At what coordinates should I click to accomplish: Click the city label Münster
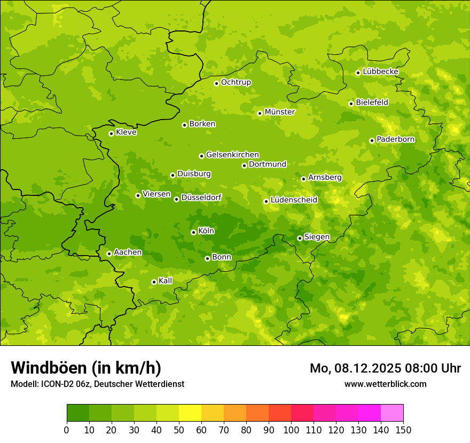click(279, 112)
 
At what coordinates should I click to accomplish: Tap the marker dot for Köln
click(193, 232)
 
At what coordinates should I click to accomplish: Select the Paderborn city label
click(395, 139)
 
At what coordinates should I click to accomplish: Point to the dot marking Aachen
click(109, 254)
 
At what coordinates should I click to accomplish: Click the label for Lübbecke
click(380, 72)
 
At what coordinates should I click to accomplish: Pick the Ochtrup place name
click(236, 82)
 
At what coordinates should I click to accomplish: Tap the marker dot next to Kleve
click(111, 133)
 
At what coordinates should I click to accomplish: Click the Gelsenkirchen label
click(232, 155)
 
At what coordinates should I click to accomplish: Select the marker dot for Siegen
click(300, 238)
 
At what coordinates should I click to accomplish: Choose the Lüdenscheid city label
click(294, 200)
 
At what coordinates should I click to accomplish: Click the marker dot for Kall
click(154, 282)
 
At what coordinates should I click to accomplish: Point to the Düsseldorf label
click(201, 197)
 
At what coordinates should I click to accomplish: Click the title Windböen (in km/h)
click(86, 368)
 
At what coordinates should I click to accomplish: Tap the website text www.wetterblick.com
click(385, 384)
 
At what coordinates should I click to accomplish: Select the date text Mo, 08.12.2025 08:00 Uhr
click(385, 368)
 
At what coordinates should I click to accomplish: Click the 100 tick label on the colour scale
click(291, 430)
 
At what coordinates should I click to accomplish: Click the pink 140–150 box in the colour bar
click(392, 413)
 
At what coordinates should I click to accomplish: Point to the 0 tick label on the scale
click(67, 430)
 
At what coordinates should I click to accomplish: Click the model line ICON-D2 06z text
click(97, 384)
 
